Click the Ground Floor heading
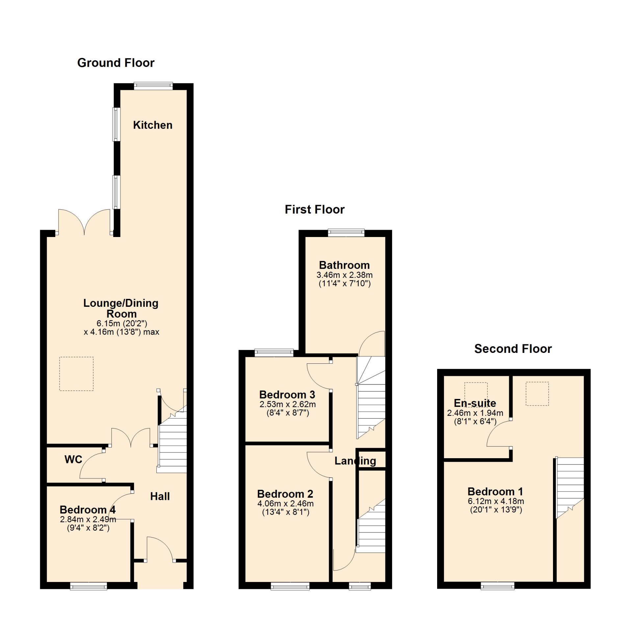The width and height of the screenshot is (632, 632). pos(116,63)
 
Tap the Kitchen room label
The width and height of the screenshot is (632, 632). pos(153,125)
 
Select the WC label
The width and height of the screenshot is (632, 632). pos(73,459)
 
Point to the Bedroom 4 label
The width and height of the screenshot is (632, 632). pos(88,510)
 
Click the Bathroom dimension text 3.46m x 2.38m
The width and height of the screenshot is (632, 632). pos(345,275)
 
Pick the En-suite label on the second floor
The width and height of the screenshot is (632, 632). pos(475,403)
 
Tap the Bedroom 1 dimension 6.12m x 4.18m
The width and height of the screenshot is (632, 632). pos(496,501)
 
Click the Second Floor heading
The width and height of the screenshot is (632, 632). pos(513,349)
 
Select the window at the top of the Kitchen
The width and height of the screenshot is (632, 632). pos(153,86)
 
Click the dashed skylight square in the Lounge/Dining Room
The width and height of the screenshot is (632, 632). pos(76,374)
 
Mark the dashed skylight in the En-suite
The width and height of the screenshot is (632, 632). pos(476,394)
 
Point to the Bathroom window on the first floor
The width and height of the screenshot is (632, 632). pos(346,233)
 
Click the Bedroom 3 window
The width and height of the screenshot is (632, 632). pos(274,353)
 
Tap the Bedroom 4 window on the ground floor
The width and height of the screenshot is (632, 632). pos(89,586)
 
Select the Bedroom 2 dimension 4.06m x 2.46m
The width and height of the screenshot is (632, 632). pos(286,503)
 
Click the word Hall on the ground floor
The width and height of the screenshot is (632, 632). pos(160,496)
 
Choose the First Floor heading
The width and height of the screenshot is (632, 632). pos(315,209)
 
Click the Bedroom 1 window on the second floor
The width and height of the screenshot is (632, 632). pos(498,586)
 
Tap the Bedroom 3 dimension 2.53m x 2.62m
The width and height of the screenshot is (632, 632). pos(288,404)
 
